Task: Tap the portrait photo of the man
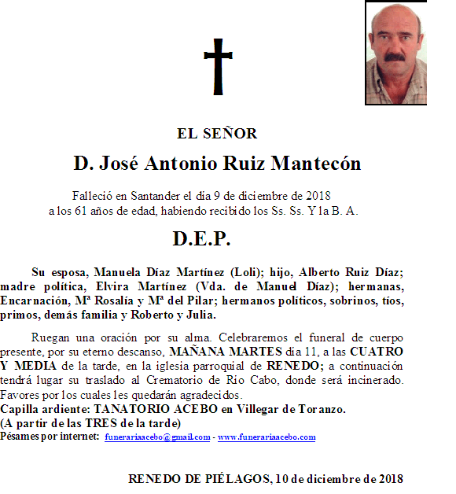click(x=395, y=53)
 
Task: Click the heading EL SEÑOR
click(x=217, y=134)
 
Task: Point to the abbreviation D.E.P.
click(x=201, y=238)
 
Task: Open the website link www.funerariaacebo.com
click(x=267, y=437)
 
